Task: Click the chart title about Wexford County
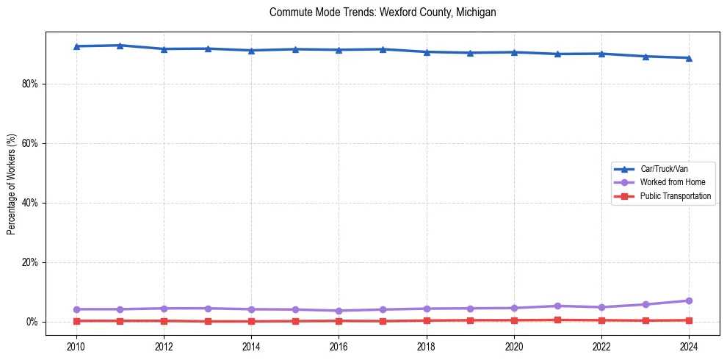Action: pyautogui.click(x=383, y=12)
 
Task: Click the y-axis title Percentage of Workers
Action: pyautogui.click(x=11, y=184)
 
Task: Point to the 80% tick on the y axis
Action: pyautogui.click(x=30, y=84)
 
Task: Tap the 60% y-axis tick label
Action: pyautogui.click(x=30, y=143)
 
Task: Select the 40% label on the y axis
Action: pyautogui.click(x=30, y=203)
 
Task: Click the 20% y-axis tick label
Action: pyautogui.click(x=30, y=262)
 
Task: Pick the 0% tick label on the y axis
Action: pyautogui.click(x=32, y=322)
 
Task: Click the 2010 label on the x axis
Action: pyautogui.click(x=76, y=345)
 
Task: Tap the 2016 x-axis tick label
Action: pyautogui.click(x=339, y=345)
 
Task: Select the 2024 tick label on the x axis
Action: pyautogui.click(x=689, y=345)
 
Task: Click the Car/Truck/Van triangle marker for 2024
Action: pyautogui.click(x=689, y=58)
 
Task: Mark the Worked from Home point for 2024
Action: pyautogui.click(x=689, y=300)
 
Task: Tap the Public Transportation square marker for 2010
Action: pyautogui.click(x=76, y=321)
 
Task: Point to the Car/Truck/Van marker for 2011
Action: pyautogui.click(x=120, y=46)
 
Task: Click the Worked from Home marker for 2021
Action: pyautogui.click(x=557, y=306)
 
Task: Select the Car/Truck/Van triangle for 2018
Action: pyautogui.click(x=426, y=52)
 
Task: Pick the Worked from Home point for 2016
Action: pyautogui.click(x=339, y=311)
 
